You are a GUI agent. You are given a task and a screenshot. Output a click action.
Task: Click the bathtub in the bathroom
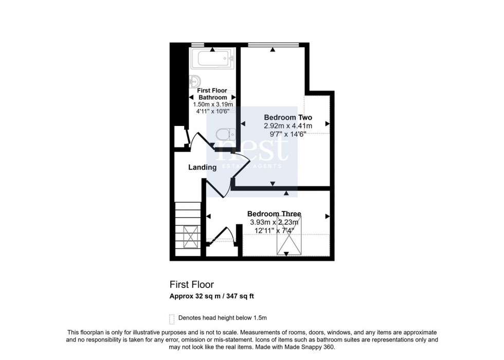point(212,60)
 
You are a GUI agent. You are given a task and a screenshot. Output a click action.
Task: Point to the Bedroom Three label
point(274,214)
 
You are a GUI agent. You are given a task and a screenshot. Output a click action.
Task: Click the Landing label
point(202,167)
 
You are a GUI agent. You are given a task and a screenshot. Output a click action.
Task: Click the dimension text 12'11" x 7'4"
point(274,230)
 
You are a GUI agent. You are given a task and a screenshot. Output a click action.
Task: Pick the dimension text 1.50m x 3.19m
point(213,104)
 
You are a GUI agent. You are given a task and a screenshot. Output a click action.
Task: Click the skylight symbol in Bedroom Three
point(289,236)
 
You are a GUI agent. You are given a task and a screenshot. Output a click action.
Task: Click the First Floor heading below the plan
point(192,284)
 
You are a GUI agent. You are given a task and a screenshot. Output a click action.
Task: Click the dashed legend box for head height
point(171,317)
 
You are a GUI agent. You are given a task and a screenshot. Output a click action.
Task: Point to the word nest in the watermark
point(252,149)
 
